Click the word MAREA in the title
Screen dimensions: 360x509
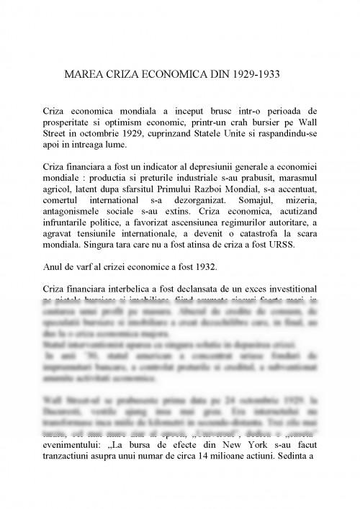point(84,74)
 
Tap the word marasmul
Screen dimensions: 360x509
point(292,178)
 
